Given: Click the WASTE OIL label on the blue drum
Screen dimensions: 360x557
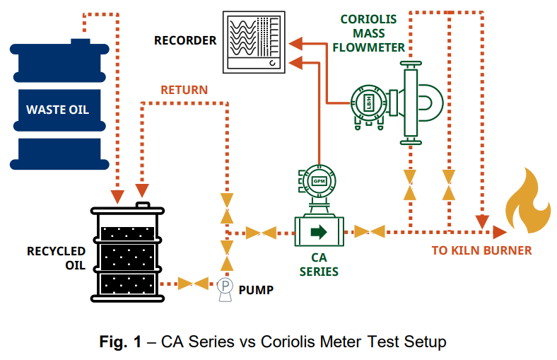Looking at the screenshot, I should [58, 110].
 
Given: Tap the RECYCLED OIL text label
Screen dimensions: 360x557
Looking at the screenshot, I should [57, 258].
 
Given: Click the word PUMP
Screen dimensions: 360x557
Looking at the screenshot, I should [256, 289].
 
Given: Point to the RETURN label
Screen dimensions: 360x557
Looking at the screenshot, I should [184, 90].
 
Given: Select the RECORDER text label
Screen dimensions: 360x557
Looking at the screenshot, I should [185, 41].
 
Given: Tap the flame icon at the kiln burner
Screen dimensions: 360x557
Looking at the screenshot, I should [527, 205].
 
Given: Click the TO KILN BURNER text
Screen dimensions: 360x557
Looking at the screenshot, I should [481, 250].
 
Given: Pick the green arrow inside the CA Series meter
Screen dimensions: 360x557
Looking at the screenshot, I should [319, 231].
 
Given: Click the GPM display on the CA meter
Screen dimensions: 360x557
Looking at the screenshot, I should [319, 181].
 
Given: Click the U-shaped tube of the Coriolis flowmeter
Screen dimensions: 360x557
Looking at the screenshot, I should [430, 105].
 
